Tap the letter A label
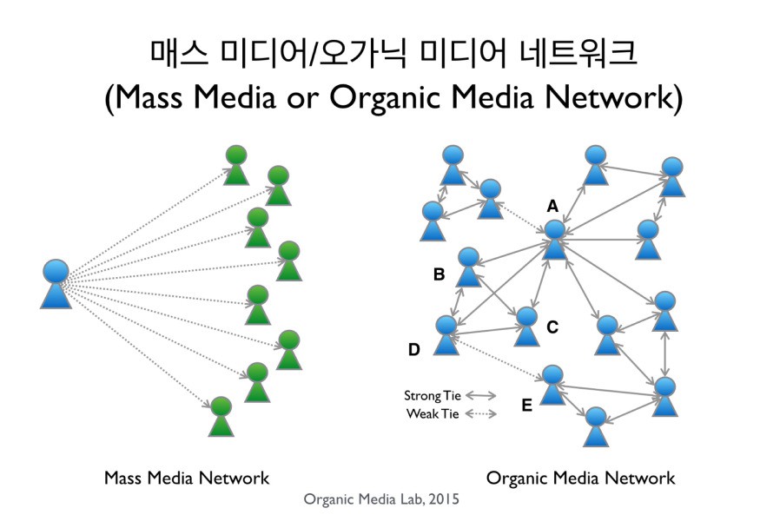552,206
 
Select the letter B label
439,275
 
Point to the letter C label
552,327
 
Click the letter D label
413,350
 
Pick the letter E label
526,405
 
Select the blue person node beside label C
526,326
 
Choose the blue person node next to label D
446,334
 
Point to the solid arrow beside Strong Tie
482,396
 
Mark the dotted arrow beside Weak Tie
482,414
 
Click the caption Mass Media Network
186,478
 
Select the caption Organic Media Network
580,478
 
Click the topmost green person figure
236,165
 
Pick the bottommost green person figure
221,417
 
